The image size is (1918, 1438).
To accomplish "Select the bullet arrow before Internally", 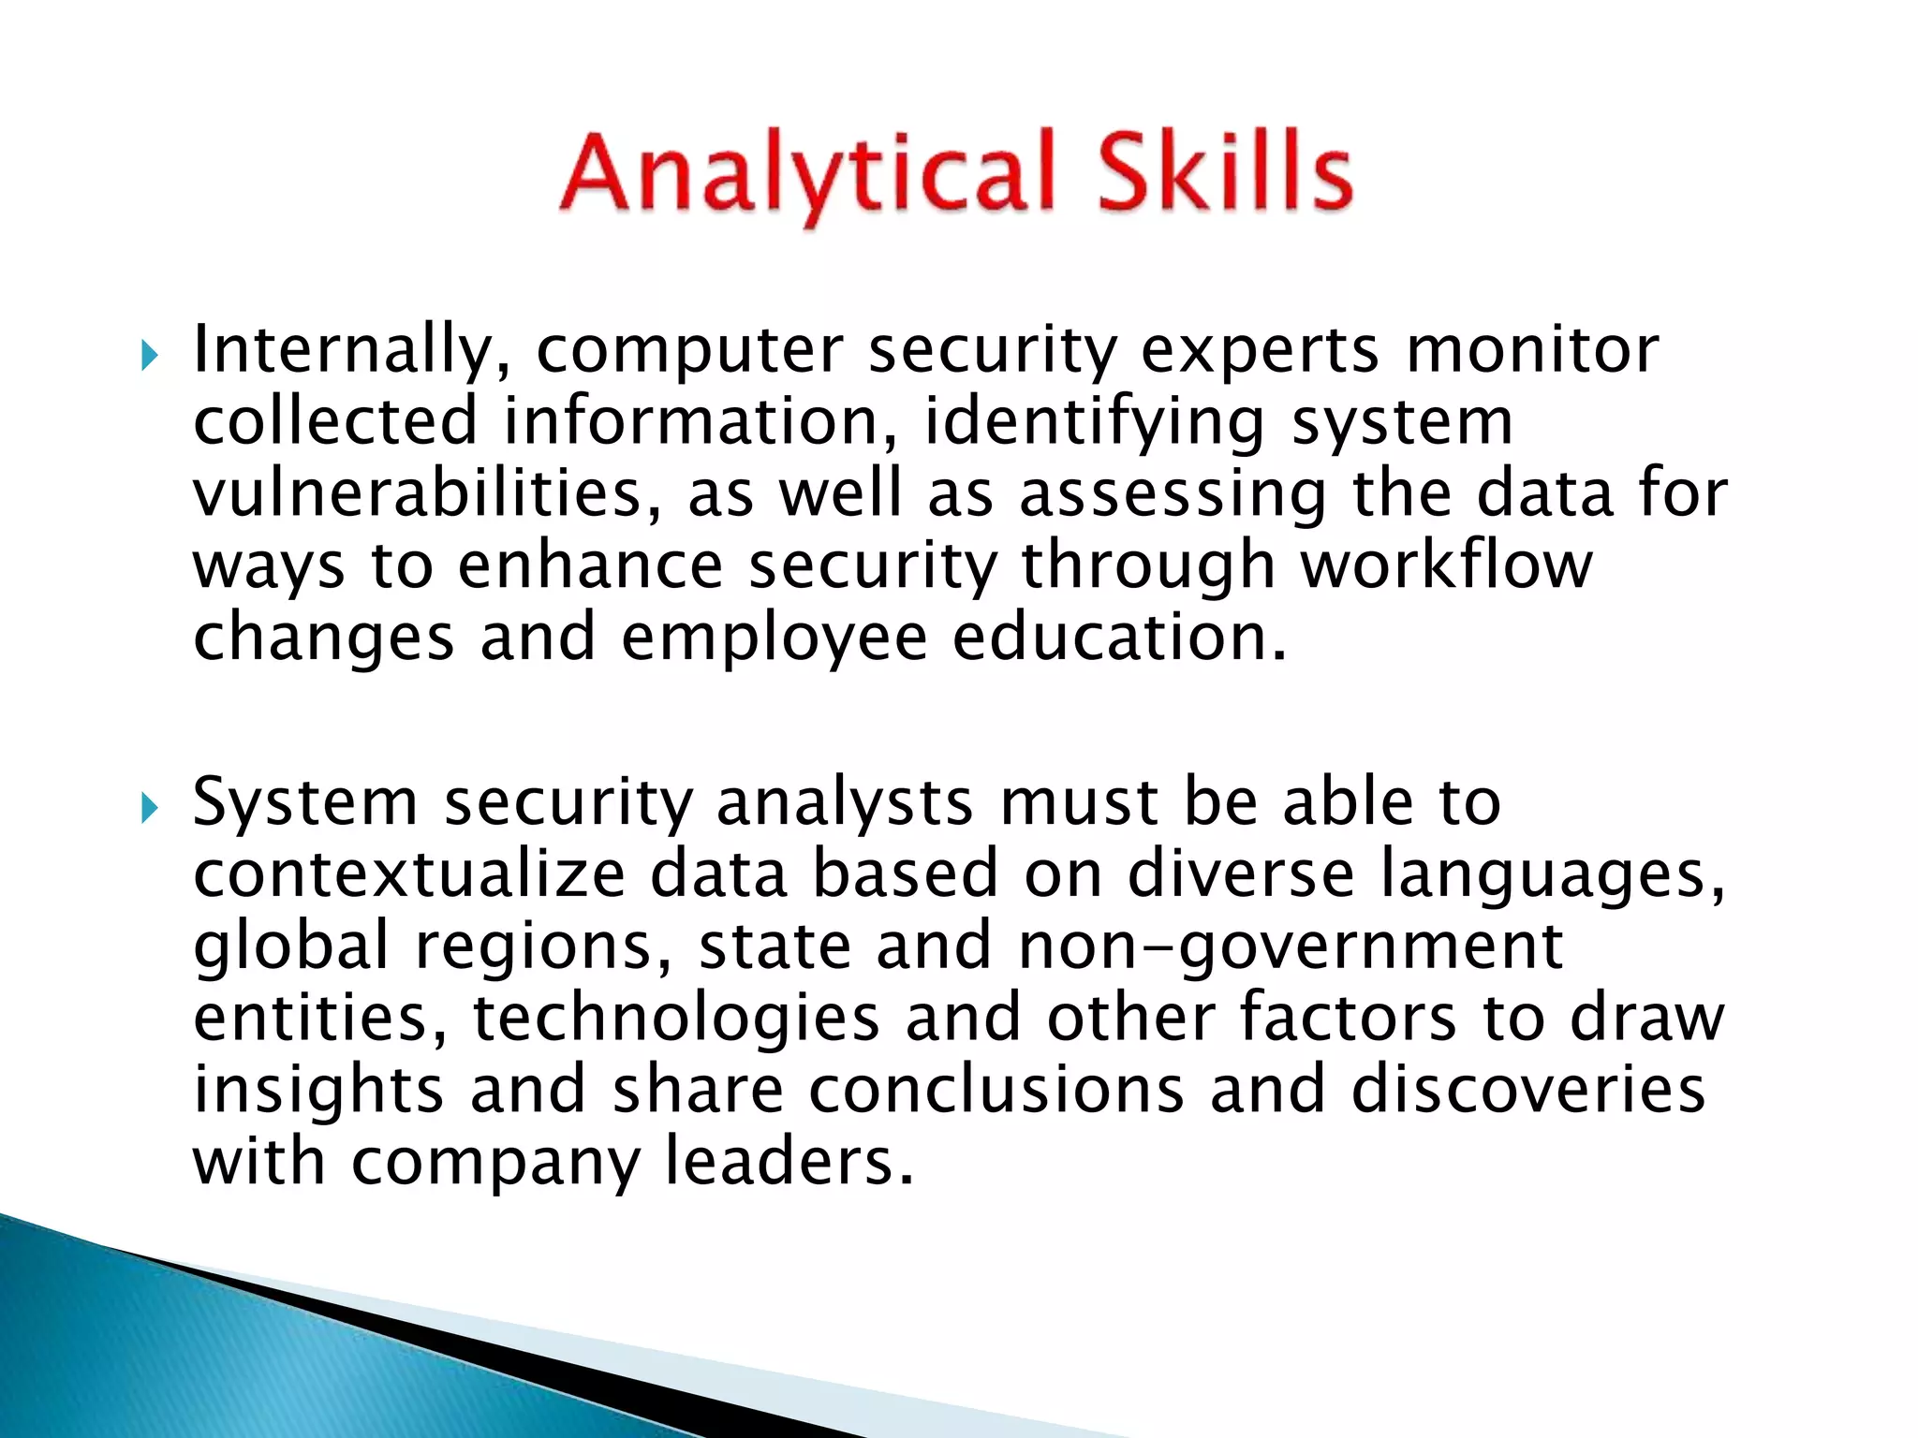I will [149, 356].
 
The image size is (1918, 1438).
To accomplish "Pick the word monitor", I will [1532, 350].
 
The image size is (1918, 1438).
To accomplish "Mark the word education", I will [1120, 637].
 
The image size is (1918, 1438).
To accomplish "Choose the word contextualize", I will [409, 873].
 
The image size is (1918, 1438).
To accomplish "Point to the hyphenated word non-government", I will [1291, 946].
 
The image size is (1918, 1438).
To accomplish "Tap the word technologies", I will [676, 1018].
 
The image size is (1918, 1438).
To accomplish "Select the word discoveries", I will [1527, 1089].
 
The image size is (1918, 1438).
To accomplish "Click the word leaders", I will [789, 1161].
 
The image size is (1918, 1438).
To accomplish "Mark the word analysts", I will [844, 803].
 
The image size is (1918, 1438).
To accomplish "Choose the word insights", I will [318, 1089].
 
